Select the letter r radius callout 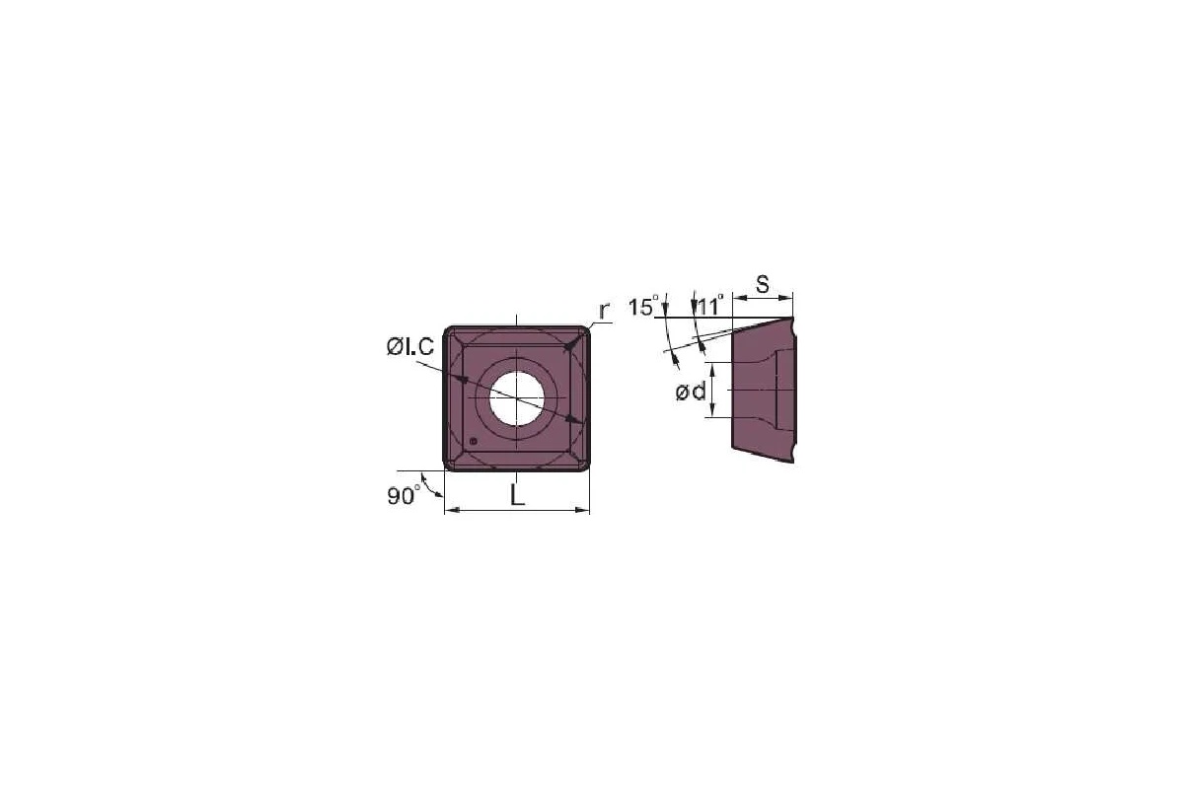pyautogui.click(x=605, y=309)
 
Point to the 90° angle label pyautogui.click(x=403, y=496)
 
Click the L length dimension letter pyautogui.click(x=517, y=496)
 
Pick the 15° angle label pyautogui.click(x=641, y=307)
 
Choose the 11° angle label pyautogui.click(x=709, y=305)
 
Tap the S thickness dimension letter pyautogui.click(x=763, y=284)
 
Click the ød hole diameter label pyautogui.click(x=691, y=393)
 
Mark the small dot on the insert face pyautogui.click(x=474, y=441)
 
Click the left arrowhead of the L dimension pyautogui.click(x=450, y=511)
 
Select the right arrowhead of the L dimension pyautogui.click(x=584, y=511)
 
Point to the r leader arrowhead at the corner pyautogui.click(x=569, y=345)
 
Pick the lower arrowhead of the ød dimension pyautogui.click(x=709, y=413)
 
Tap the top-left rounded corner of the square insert pyautogui.click(x=449, y=332)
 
